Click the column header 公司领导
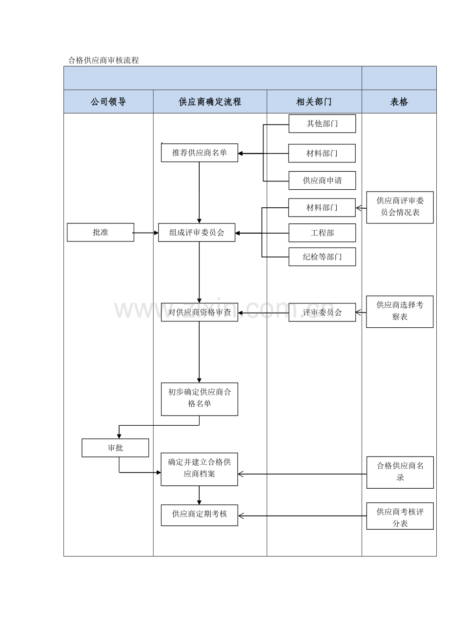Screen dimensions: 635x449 click(108, 102)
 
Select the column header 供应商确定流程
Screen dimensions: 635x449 click(210, 102)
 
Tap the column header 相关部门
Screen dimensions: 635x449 click(314, 102)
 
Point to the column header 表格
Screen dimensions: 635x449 click(399, 102)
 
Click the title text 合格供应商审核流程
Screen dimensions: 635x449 click(104, 60)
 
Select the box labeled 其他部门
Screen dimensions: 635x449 click(322, 123)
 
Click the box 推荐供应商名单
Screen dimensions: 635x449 click(199, 153)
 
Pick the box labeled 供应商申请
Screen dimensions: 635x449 click(322, 180)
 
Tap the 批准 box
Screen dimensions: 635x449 click(100, 233)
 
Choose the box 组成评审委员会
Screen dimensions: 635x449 click(197, 233)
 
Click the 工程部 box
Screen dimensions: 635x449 click(322, 233)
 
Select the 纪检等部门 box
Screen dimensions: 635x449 click(322, 257)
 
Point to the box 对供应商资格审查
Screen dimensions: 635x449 click(199, 313)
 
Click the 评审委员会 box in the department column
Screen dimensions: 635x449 click(322, 313)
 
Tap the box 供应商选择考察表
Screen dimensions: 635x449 click(400, 311)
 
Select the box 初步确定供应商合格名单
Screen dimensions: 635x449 click(199, 398)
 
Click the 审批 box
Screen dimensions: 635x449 click(115, 448)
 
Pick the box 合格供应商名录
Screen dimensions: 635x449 click(400, 472)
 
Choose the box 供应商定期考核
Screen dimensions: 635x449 click(199, 515)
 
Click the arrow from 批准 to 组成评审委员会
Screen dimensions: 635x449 click(146, 233)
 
